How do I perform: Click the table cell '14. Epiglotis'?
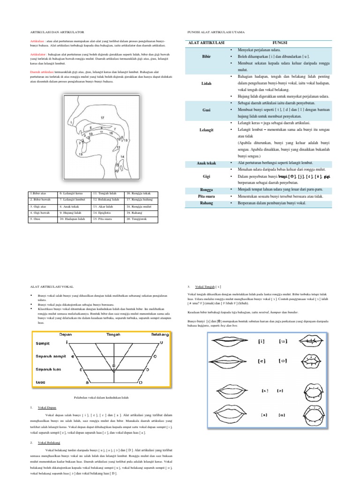[x=107, y=212]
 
